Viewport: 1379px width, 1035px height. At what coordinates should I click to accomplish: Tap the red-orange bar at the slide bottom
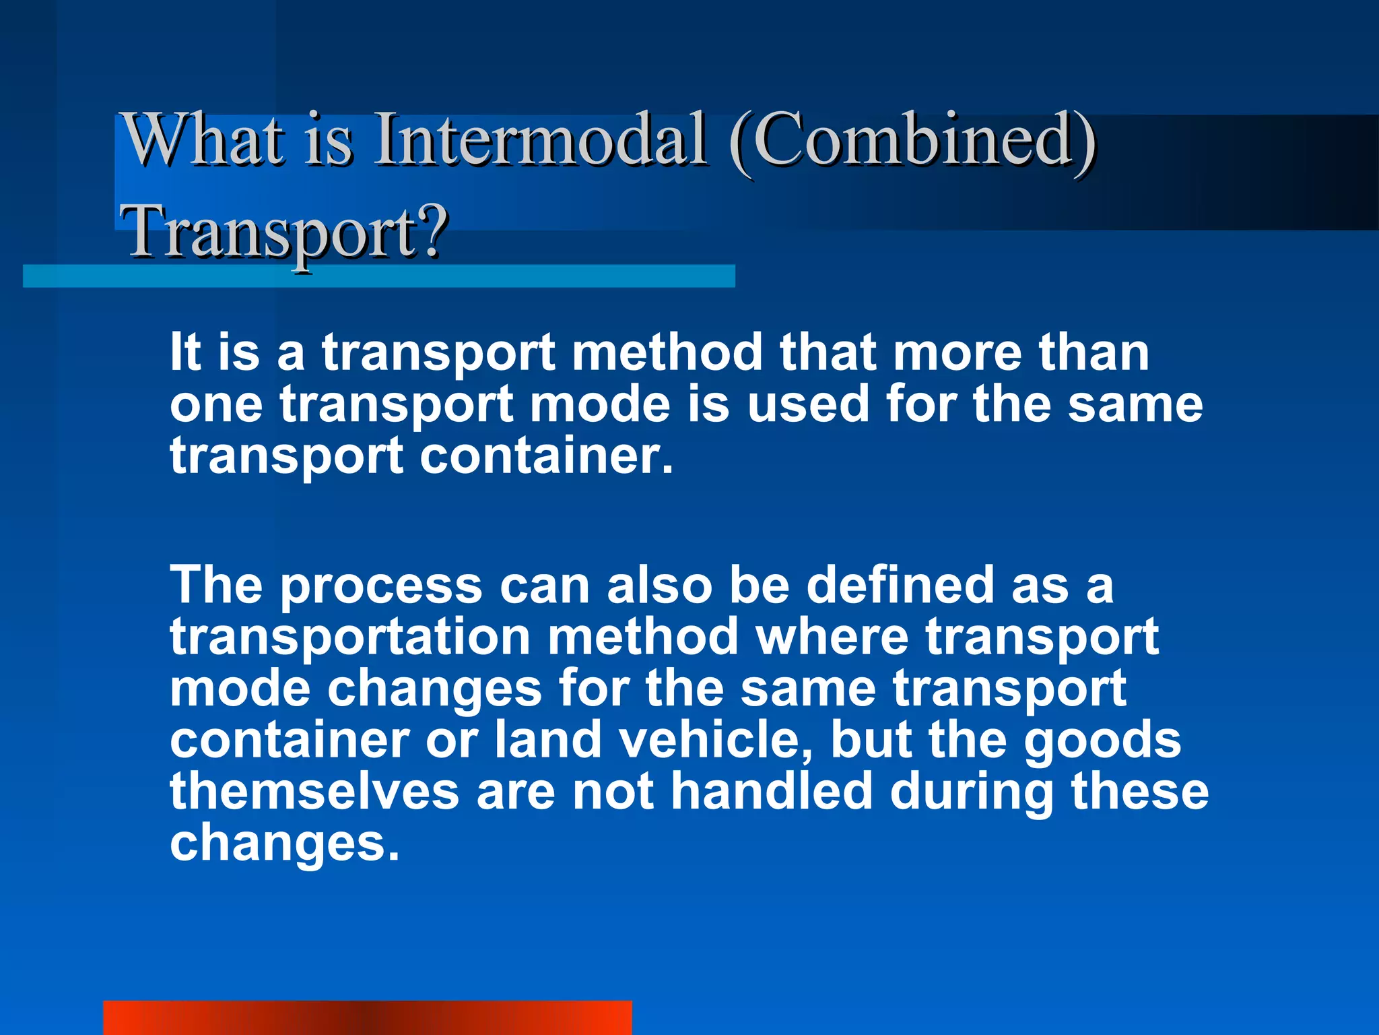click(x=367, y=1017)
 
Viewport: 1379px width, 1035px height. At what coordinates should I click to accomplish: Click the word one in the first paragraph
click(x=215, y=404)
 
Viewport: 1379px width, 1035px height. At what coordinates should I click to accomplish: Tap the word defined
click(x=900, y=585)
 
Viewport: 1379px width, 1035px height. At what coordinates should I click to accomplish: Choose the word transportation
click(x=350, y=637)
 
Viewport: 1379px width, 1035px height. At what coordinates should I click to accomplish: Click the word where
click(x=832, y=637)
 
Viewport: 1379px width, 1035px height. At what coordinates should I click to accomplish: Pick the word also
click(x=659, y=585)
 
